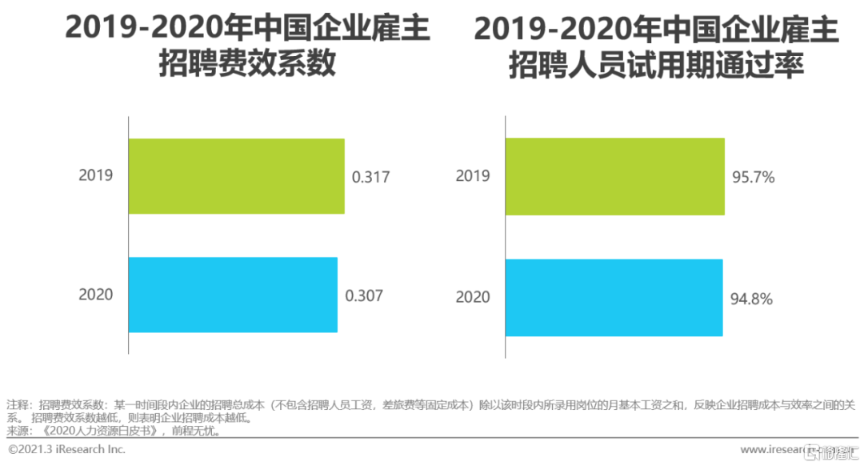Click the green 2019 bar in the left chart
[x=237, y=176]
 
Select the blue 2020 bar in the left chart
[x=233, y=295]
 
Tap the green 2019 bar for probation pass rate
[x=615, y=176]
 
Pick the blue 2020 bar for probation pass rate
[x=614, y=297]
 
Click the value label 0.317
[x=371, y=177]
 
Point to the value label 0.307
[x=364, y=295]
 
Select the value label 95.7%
[x=753, y=177]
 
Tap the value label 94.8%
[x=751, y=299]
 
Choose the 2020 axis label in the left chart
[x=95, y=295]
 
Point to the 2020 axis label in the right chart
[x=473, y=297]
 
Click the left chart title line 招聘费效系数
[x=247, y=65]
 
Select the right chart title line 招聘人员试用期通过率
[x=656, y=66]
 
